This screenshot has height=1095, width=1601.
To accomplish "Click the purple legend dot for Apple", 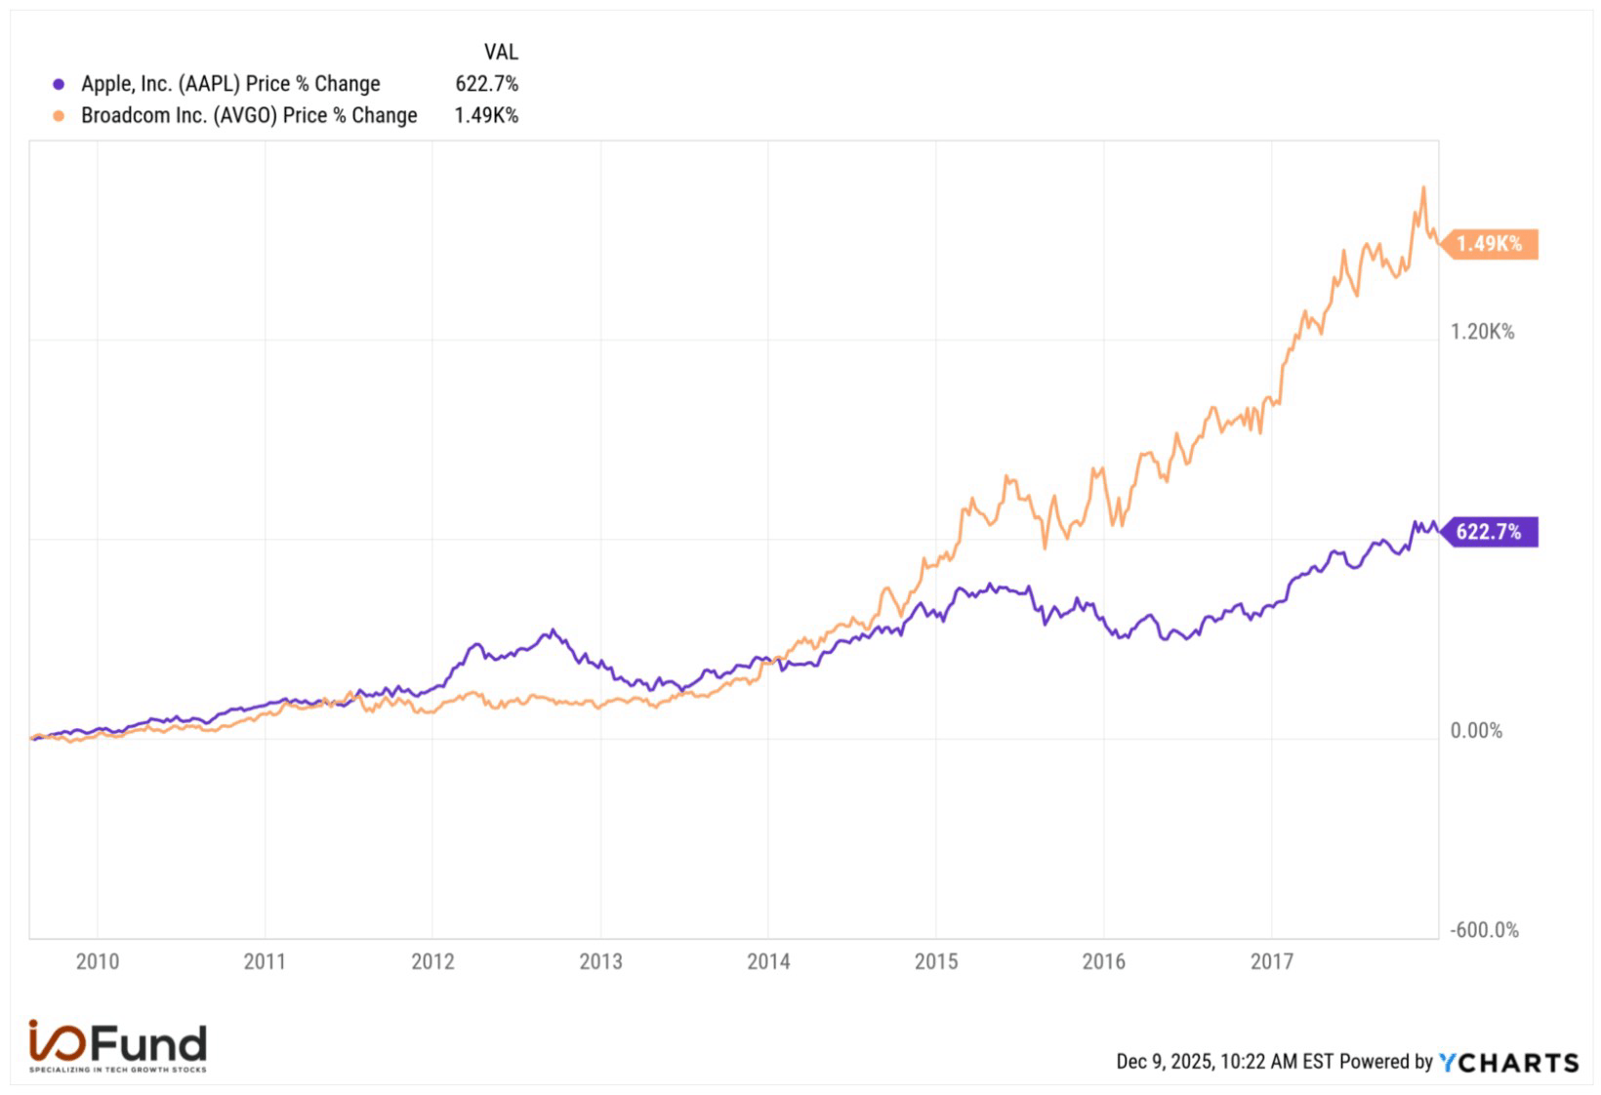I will pos(59,85).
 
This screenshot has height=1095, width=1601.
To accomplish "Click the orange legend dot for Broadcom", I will pos(59,116).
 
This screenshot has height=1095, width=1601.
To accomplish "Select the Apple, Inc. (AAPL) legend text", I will pos(230,84).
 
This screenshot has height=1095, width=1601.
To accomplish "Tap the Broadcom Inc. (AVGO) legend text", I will pos(249,115).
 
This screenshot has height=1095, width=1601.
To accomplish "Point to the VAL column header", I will pos(501,52).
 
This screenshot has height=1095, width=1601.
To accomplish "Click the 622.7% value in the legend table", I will pos(486,84).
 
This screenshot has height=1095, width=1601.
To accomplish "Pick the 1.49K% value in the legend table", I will pos(486,115).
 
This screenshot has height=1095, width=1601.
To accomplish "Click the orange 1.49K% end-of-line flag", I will pos(1489,243).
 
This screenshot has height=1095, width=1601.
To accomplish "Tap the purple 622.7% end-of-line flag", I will pos(1489,532).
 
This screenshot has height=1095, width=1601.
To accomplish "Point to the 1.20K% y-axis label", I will pos(1482,332).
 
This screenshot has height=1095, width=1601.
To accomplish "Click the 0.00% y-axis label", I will pos(1476,730).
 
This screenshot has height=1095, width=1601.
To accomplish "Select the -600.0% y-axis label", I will pos(1484,930).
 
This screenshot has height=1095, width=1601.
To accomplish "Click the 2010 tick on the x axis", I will pos(98,961).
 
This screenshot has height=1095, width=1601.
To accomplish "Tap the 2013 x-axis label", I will pos(600,961).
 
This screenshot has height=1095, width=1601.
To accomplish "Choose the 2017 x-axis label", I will pos(1271,961).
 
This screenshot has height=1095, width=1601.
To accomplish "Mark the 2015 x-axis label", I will pos(936,961).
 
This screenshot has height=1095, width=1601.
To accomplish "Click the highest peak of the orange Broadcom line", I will pos(1423,188).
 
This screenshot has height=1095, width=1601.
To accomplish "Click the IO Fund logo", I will pos(118,1046).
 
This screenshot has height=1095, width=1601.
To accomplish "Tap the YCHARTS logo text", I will pos(1509,1062).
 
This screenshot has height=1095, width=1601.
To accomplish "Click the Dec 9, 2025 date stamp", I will pos(1224,1062).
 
